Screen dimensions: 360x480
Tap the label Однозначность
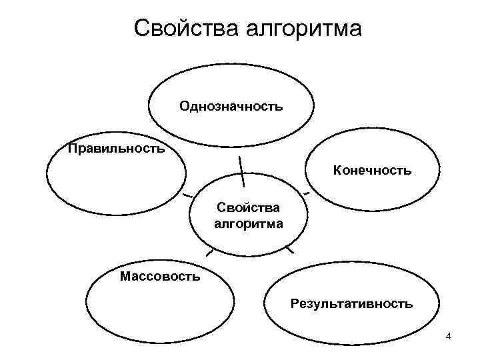[231, 106]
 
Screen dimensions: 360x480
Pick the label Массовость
[159, 275]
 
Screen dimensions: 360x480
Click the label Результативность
[351, 304]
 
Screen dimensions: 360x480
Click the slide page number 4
[449, 335]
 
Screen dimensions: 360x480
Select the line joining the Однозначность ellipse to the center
[241, 170]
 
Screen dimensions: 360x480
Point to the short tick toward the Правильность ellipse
[187, 195]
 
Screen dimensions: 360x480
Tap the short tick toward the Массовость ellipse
[210, 253]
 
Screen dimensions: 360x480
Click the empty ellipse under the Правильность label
[115, 180]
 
